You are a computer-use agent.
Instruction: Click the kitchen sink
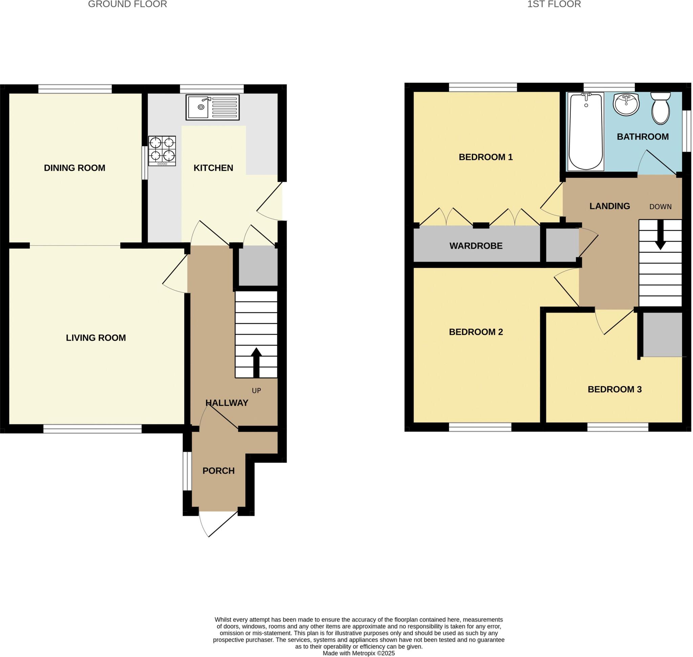coord(212,107)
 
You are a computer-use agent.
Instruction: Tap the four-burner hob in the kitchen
coord(162,151)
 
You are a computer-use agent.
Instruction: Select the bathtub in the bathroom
coord(585,132)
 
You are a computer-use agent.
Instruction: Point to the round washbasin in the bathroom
coord(626,104)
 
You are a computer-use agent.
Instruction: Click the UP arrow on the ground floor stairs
coord(256,362)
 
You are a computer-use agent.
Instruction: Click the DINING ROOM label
coord(75,168)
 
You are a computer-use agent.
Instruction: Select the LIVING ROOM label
coord(96,338)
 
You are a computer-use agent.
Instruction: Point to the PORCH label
coord(218,471)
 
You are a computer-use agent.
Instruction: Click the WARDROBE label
coord(476,246)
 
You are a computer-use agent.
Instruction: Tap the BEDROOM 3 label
coord(614,389)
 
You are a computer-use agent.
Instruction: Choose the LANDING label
coord(610,206)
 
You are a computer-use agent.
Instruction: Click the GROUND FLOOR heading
coord(127,4)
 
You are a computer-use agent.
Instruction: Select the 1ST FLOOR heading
coord(554,4)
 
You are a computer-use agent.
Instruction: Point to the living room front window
coord(92,429)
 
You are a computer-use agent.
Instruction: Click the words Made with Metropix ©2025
coord(358,653)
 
